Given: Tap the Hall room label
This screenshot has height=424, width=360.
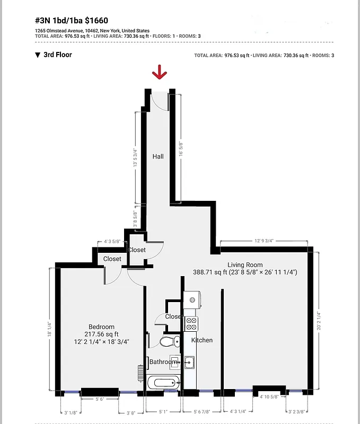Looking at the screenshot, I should tap(158, 157).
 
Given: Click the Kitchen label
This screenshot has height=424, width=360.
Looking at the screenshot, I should tap(201, 340).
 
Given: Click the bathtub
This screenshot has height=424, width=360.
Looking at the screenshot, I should tap(163, 382).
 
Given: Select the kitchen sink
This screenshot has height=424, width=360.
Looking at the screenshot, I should tap(189, 363).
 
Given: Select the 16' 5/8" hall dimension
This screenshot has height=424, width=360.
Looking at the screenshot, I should tap(180, 146).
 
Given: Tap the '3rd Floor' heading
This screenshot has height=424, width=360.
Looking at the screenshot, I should tap(57, 55).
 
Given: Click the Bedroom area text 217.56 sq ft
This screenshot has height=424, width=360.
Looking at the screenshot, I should tap(99, 334).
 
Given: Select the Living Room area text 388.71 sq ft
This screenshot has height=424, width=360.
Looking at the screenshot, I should tap(210, 272).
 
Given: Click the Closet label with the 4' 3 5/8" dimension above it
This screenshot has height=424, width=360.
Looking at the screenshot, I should tap(112, 259).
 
